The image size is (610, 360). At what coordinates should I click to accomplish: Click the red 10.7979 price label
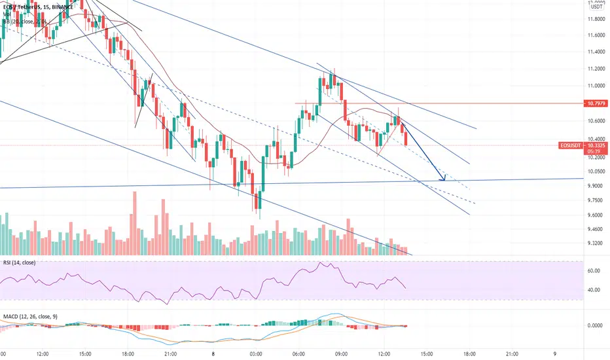point(596,103)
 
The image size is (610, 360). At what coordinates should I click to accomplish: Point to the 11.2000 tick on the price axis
point(596,69)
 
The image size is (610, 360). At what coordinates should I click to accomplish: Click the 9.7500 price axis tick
point(596,202)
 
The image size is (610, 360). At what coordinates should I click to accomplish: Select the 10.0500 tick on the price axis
point(596,171)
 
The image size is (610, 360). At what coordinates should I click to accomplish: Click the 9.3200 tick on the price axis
point(596,243)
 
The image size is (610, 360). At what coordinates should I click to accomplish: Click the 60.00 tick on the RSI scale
point(596,270)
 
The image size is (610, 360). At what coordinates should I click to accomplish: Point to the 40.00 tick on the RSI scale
point(596,291)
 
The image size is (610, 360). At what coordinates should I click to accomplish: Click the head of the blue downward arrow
point(445,179)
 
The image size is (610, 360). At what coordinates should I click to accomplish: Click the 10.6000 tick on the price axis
point(596,121)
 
